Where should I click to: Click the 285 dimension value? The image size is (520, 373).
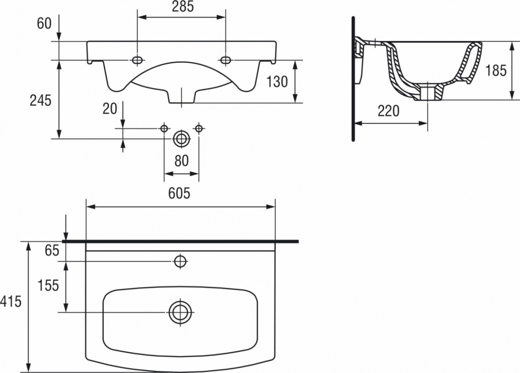(x=183, y=7)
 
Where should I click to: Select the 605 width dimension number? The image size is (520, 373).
(x=179, y=193)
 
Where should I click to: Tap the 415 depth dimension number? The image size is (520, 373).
(x=11, y=302)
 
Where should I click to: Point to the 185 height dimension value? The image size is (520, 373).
(x=496, y=70)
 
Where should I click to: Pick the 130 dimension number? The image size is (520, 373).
(x=277, y=82)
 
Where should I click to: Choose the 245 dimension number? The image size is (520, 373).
(x=40, y=101)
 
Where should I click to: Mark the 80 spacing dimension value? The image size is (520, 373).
(x=182, y=161)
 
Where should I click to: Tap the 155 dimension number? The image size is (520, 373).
(x=48, y=285)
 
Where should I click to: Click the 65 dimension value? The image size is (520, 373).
(x=52, y=251)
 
